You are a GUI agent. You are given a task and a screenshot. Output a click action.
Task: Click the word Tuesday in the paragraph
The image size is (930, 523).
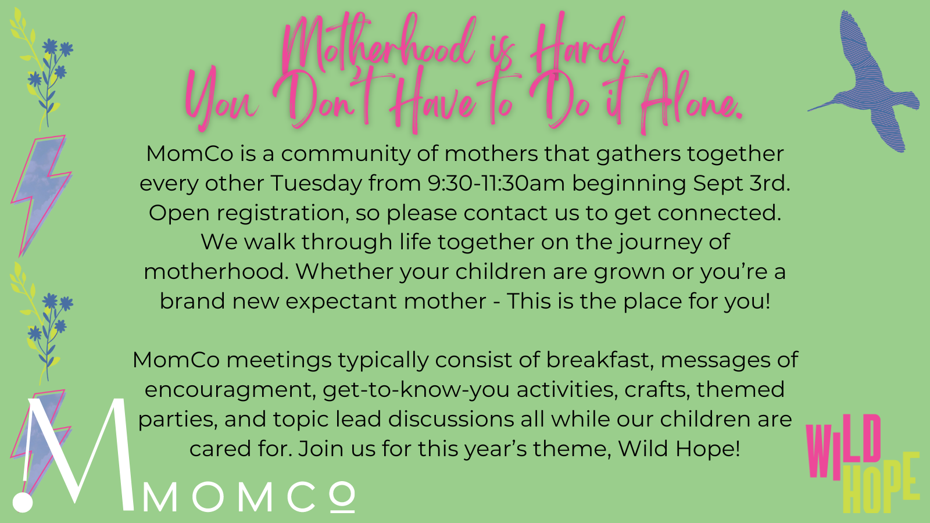316,184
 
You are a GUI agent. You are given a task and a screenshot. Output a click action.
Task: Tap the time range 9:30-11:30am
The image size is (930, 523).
496,183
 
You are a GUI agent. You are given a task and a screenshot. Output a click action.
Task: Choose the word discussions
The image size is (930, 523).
451,419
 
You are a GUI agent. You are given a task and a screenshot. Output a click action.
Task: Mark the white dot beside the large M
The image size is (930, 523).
23,501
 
